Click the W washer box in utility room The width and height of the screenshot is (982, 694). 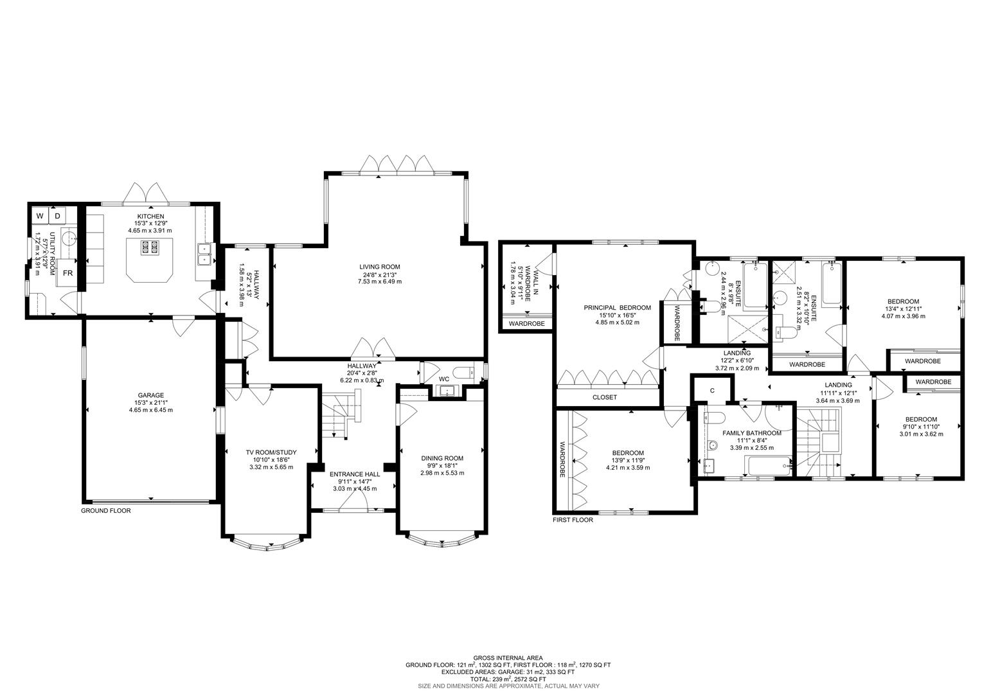click(x=40, y=216)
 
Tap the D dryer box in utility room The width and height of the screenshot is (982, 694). click(x=57, y=216)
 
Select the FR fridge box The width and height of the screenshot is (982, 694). click(x=67, y=273)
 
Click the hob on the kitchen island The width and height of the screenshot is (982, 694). click(x=150, y=247)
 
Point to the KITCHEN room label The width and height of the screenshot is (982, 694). click(x=150, y=217)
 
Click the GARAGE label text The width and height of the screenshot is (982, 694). click(x=150, y=395)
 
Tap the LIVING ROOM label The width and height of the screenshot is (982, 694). click(x=379, y=267)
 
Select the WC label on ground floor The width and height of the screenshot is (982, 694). click(x=443, y=379)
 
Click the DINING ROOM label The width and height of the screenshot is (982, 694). click(x=442, y=458)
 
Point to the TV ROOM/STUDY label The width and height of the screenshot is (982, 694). click(x=271, y=452)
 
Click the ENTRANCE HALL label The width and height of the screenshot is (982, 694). click(x=355, y=474)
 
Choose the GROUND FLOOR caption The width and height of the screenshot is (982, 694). click(x=105, y=511)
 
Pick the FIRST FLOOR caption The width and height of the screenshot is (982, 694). click(x=573, y=520)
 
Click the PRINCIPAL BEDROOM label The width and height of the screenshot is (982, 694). click(x=617, y=308)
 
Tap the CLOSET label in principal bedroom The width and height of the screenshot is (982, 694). click(x=604, y=397)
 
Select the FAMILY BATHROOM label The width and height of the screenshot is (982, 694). click(x=751, y=433)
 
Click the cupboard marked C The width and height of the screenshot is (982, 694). click(x=712, y=391)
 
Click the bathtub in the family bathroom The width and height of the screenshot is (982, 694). click(x=767, y=467)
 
